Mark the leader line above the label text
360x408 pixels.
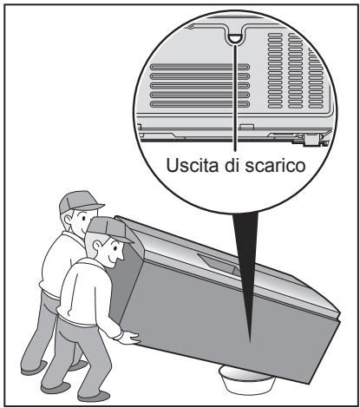tap(236, 104)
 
